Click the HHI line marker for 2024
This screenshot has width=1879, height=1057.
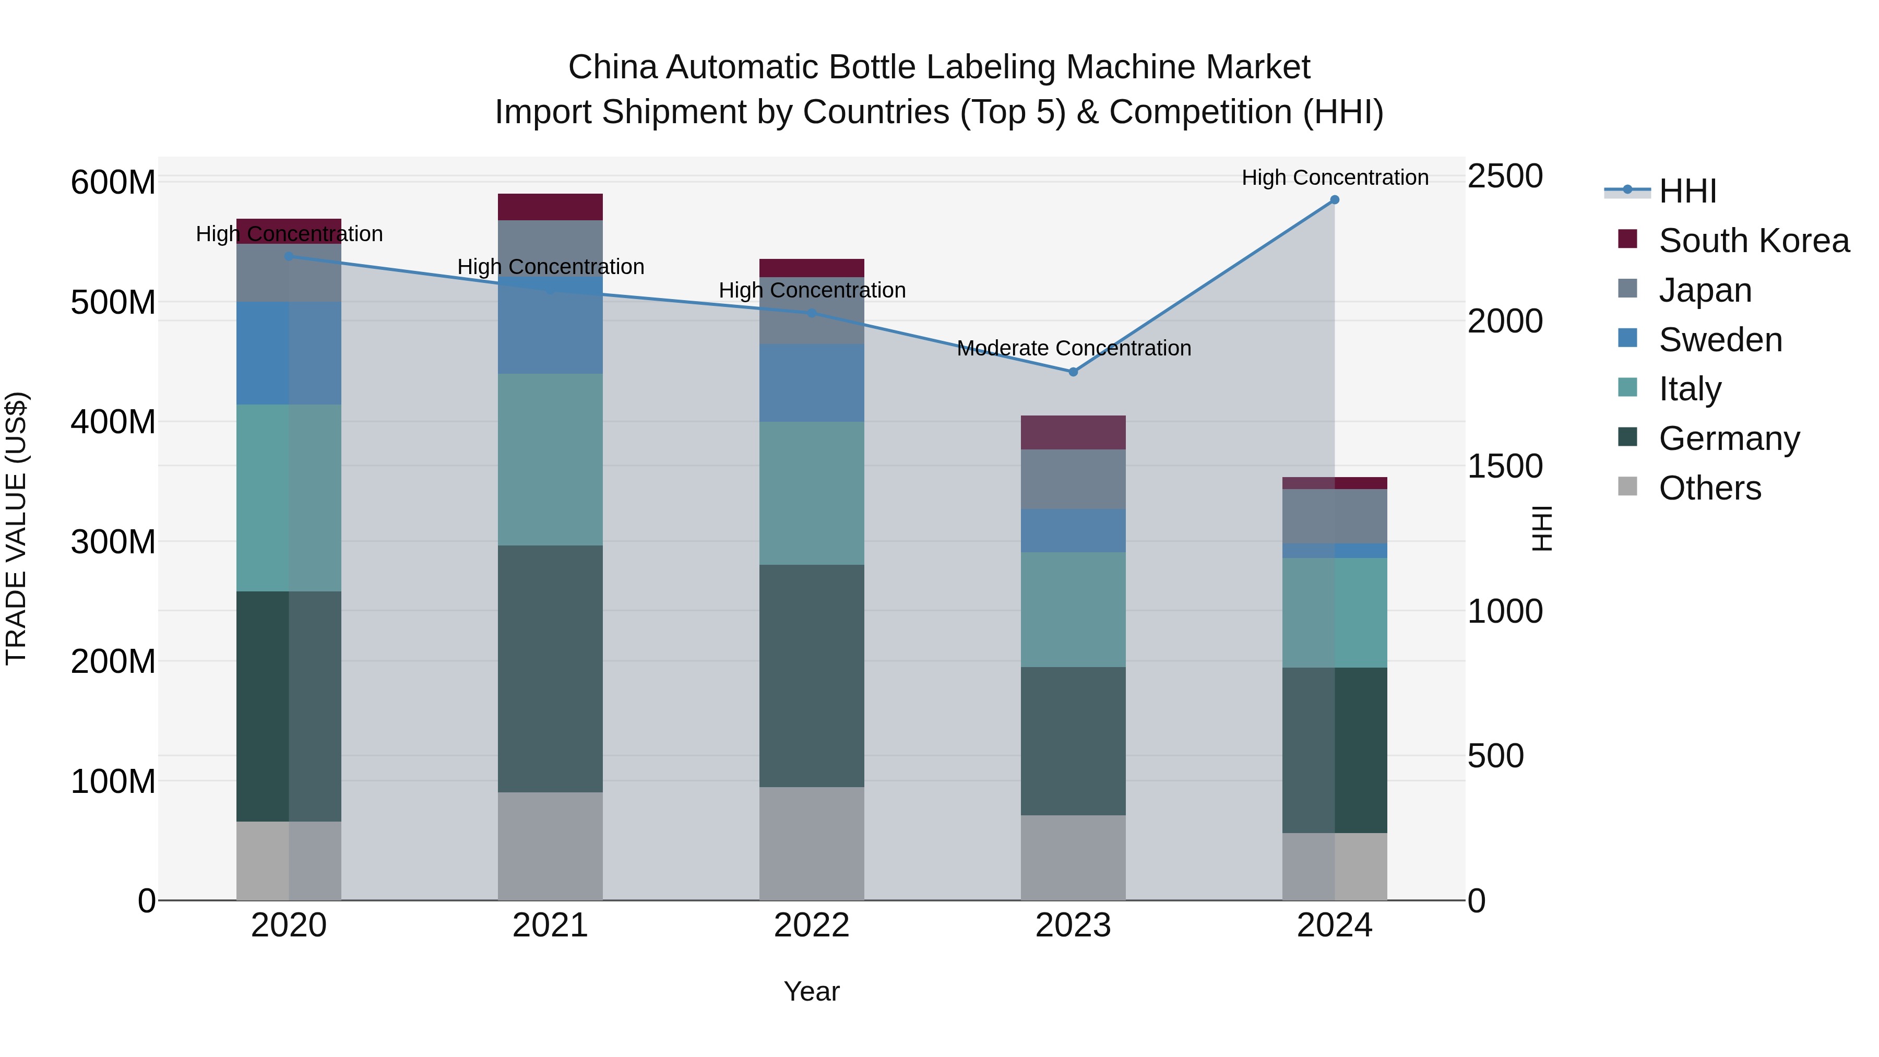point(1334,200)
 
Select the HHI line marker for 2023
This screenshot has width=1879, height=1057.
point(1073,372)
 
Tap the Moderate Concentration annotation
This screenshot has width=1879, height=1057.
point(1074,349)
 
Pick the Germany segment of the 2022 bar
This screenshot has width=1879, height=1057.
point(812,675)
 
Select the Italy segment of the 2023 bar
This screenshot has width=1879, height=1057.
point(1073,610)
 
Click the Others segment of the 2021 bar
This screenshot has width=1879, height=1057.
point(550,846)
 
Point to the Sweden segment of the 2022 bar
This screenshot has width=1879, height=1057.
point(812,383)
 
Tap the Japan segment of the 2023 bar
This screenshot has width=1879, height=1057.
point(1073,479)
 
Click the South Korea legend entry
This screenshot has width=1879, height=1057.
point(1754,241)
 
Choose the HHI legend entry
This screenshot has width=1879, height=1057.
point(1687,191)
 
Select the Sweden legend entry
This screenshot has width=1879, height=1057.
point(1720,340)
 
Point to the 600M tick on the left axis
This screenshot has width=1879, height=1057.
point(113,182)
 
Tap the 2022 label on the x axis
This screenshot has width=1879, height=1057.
point(812,925)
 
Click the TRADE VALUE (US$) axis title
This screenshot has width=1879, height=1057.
point(17,528)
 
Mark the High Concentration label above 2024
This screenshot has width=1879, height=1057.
point(1335,178)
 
